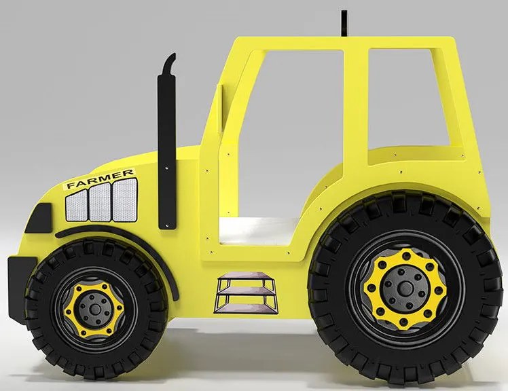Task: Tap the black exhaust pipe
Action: point(166,149)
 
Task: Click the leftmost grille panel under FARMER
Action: point(78,204)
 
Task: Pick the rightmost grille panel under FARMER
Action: point(122,198)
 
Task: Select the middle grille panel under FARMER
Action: point(100,201)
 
